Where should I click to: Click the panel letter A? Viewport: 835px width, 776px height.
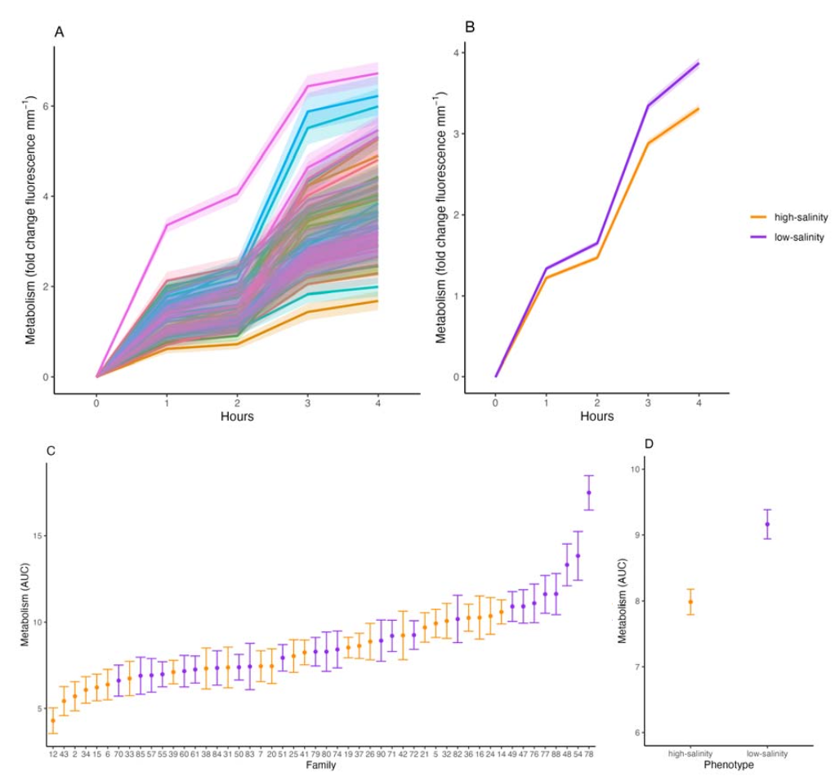click(x=59, y=32)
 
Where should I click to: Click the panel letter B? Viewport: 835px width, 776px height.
click(x=470, y=27)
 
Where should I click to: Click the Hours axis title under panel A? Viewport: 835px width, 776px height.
click(x=236, y=417)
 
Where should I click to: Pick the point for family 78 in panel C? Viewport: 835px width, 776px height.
click(x=589, y=493)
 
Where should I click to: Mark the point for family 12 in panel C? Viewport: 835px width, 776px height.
click(x=53, y=720)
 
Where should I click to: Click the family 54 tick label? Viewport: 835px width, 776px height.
click(x=578, y=754)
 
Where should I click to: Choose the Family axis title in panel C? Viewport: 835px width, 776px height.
click(x=319, y=766)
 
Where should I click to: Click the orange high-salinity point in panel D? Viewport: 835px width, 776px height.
click(x=690, y=602)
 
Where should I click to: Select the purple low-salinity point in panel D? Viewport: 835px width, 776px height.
click(x=767, y=524)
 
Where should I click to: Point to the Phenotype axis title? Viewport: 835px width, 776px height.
click(x=729, y=765)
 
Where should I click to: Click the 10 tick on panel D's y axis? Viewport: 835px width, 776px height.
click(x=634, y=469)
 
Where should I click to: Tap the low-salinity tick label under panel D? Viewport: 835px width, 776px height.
click(x=767, y=753)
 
